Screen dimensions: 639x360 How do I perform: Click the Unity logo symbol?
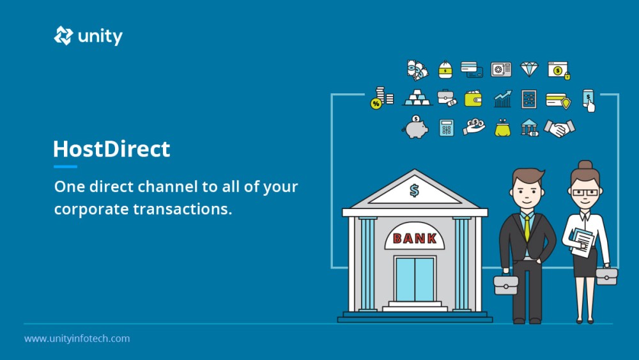(x=63, y=36)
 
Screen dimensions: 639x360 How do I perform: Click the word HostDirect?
(x=112, y=149)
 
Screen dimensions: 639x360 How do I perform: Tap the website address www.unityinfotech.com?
(x=77, y=338)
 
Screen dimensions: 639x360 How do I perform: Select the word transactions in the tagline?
(x=183, y=208)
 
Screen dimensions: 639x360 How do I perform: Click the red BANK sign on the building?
(x=415, y=238)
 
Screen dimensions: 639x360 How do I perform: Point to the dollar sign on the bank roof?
(x=415, y=190)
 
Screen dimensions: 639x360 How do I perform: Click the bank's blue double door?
(x=415, y=279)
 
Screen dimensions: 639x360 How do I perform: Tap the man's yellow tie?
(x=527, y=228)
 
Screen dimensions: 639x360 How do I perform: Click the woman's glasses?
(x=585, y=192)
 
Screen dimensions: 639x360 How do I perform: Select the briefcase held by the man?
(x=505, y=285)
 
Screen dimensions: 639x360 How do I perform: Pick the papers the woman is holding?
(x=582, y=242)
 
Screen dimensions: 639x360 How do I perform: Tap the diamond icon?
(x=529, y=69)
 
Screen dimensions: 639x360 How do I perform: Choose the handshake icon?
(x=560, y=128)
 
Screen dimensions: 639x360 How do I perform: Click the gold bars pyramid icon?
(x=417, y=98)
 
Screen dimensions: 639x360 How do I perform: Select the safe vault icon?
(x=501, y=69)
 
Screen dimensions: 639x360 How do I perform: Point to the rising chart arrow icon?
(x=502, y=98)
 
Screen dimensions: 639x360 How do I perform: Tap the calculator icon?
(x=446, y=128)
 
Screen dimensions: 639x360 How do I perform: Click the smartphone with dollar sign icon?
(x=589, y=100)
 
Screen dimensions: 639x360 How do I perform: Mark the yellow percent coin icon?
(x=376, y=104)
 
